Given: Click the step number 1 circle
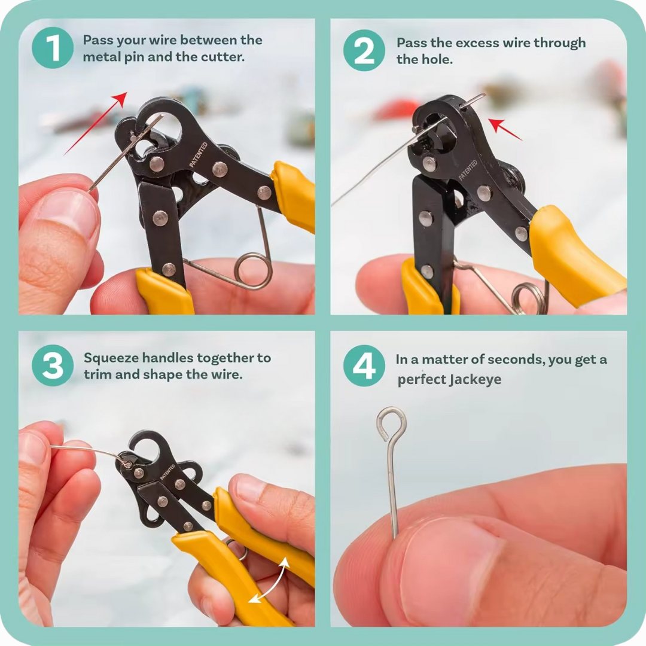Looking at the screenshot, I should (53, 48).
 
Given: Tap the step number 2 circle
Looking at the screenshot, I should (364, 50).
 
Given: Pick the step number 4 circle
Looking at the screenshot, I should (364, 365).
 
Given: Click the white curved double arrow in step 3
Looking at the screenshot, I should (269, 580).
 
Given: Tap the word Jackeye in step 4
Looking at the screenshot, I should (475, 379).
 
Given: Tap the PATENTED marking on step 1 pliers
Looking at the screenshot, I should (199, 155).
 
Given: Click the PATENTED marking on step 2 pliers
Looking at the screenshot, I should (468, 170).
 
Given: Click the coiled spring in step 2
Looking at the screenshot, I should (530, 297).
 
